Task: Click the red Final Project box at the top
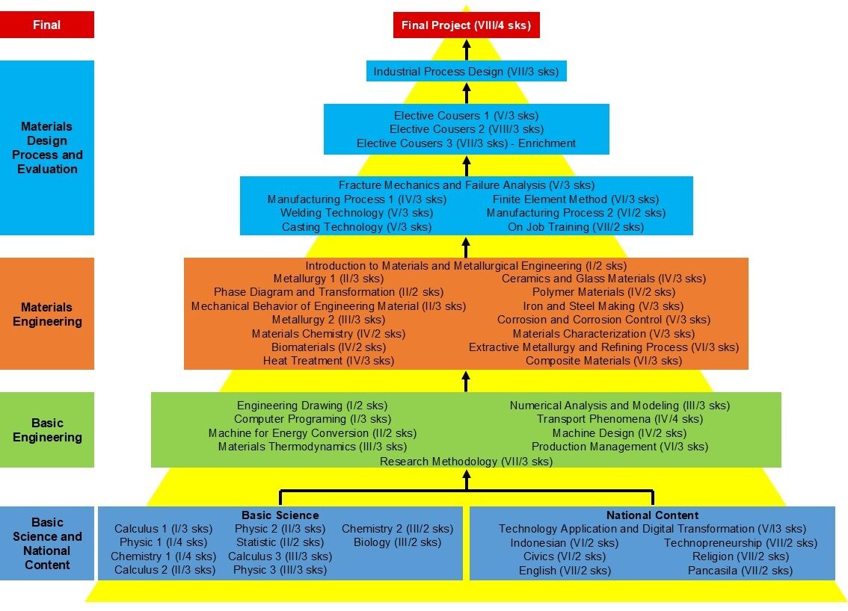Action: pos(466,25)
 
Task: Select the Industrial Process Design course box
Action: pos(466,72)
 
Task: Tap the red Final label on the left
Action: pos(47,25)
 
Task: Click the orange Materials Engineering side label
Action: pos(47,314)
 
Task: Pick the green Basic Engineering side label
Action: pos(47,429)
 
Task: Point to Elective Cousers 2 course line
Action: pos(466,129)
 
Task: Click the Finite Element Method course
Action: pos(575,199)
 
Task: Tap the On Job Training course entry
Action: pos(575,227)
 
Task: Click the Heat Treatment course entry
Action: pos(328,361)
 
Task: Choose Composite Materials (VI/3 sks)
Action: pos(603,361)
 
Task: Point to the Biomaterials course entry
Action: pos(328,347)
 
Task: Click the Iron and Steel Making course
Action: pos(603,306)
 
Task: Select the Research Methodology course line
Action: pos(466,462)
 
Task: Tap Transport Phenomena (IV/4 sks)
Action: pos(619,419)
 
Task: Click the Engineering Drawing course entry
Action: pos(312,406)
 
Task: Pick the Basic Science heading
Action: pos(280,515)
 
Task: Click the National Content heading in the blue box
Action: pos(652,515)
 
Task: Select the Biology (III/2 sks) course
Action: pos(397,542)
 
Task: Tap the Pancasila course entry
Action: pos(740,571)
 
